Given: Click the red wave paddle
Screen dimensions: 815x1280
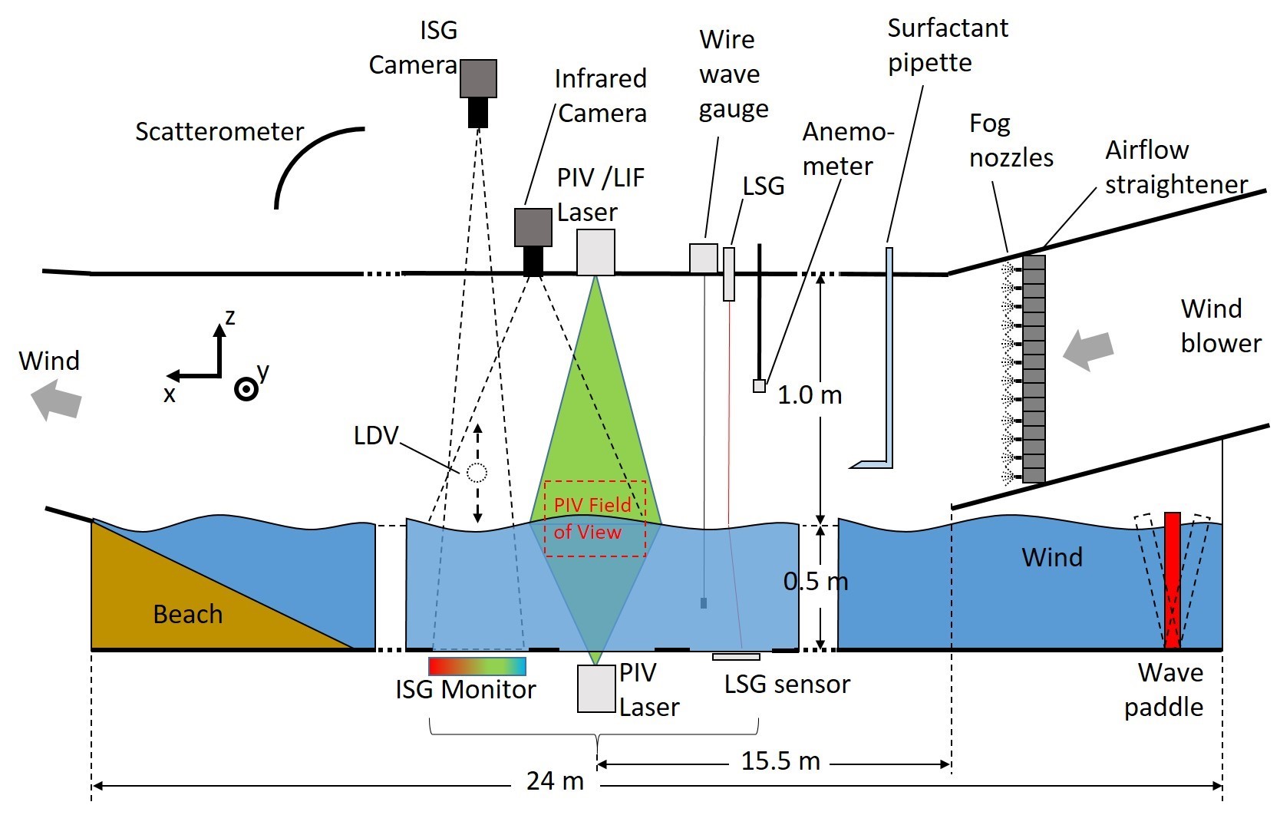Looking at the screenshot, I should coord(1172,579).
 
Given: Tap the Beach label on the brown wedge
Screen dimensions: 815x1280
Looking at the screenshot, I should coord(188,615).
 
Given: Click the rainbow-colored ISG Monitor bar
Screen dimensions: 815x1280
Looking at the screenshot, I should coord(477,665).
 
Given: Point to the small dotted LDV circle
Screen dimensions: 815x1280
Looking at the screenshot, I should coord(477,472).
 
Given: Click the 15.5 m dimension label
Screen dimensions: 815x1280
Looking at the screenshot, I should coord(780,761).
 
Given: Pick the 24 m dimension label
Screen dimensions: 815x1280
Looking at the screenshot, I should coord(555,781).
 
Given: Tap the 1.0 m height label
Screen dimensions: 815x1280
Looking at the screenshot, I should coord(810,395).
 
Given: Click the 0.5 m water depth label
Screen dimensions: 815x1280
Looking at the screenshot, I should coord(815,582).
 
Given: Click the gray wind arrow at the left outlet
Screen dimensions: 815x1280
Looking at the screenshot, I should coord(56,401).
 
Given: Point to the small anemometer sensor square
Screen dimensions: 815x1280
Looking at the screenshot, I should coord(759,386).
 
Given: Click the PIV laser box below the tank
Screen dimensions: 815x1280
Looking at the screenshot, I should coord(596,688).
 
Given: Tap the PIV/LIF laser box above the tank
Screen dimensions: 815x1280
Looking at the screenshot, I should coord(595,252).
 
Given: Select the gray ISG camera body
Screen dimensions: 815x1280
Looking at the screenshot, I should coord(478,78).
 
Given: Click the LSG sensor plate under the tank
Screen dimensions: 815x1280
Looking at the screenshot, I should coord(736,657).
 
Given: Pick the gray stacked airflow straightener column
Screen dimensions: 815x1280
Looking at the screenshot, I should coord(1034,368).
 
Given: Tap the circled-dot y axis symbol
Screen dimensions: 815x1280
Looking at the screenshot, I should coord(246,389).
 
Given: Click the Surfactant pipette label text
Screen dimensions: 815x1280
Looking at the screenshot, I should coord(947,45).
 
